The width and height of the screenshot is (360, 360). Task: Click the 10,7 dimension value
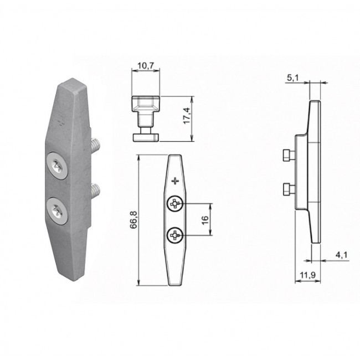(x=146, y=66)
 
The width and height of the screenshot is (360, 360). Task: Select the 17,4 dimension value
(x=187, y=116)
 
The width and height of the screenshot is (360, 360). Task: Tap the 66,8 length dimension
(x=133, y=219)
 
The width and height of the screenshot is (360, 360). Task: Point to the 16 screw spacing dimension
(x=205, y=220)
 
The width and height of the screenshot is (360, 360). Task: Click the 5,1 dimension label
(x=293, y=78)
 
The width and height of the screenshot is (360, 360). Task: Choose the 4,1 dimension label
(x=341, y=255)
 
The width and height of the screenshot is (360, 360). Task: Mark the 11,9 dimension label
(x=308, y=275)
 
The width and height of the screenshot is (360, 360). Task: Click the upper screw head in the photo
(x=57, y=165)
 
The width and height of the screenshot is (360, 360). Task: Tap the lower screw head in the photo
(x=57, y=211)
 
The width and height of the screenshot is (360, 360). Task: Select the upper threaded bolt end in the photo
(x=96, y=146)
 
